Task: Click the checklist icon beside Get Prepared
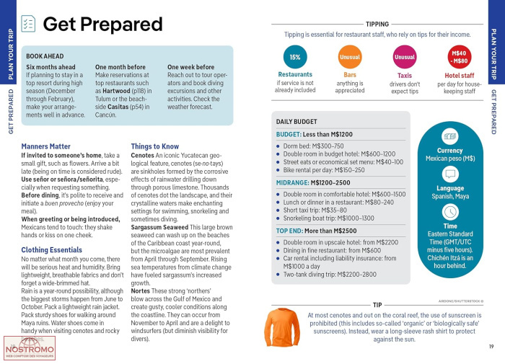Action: (x=29, y=25)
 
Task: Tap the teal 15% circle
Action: (x=295, y=56)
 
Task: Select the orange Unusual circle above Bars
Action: (x=350, y=56)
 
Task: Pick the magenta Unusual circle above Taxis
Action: (x=405, y=56)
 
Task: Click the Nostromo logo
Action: (x=25, y=348)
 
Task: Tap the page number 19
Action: (x=491, y=347)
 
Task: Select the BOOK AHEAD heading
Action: (x=45, y=56)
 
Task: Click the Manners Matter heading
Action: (x=46, y=146)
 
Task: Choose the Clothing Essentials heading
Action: (x=51, y=250)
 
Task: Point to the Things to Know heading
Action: (x=155, y=146)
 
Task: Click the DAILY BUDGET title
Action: (x=297, y=122)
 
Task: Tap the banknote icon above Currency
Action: (x=450, y=136)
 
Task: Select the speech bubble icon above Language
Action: (x=450, y=174)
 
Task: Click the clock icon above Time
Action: (x=450, y=211)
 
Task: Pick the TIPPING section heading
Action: (x=377, y=24)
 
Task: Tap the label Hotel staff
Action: (x=460, y=75)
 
